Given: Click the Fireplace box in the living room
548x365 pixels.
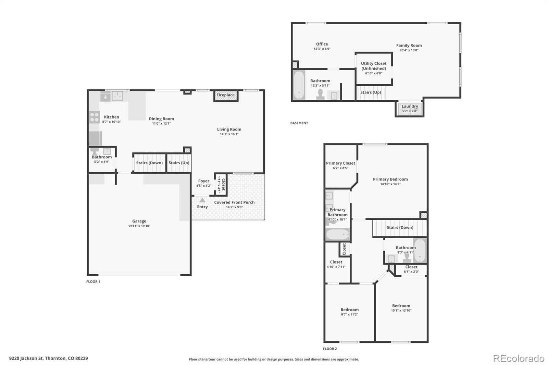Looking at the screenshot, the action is coord(226,96).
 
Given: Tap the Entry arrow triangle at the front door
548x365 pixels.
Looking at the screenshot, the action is coord(202,200).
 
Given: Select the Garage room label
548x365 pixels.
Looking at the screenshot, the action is coord(139,221).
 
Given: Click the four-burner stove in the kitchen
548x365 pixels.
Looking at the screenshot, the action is coord(95,117).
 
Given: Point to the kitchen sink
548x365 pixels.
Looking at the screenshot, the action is coord(117,96).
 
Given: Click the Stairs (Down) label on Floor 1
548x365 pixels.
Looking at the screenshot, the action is coord(149,163).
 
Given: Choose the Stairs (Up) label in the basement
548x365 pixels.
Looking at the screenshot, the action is coord(371,92).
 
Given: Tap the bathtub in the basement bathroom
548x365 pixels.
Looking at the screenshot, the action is coord(299,85).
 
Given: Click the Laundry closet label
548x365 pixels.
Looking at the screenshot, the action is coord(410,106).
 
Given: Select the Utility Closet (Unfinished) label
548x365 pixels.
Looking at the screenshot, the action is coord(374,66).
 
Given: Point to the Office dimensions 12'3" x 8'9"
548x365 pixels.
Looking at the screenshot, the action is coord(322,49).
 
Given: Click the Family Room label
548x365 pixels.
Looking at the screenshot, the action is coord(409,45).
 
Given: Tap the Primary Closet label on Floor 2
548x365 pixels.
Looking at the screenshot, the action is coord(340,163).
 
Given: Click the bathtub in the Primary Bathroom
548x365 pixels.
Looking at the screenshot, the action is coord(338,235).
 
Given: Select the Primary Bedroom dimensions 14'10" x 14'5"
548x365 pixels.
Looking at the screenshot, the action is coord(390,184).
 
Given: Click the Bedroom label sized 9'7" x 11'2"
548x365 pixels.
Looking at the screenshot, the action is coord(350,310).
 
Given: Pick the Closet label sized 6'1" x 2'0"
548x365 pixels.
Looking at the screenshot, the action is coord(411,267).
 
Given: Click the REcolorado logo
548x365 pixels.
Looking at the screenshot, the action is coord(519,358).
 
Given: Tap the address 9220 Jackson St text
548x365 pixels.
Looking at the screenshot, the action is coord(26,358).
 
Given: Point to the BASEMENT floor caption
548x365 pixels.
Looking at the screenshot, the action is coord(299,123).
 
